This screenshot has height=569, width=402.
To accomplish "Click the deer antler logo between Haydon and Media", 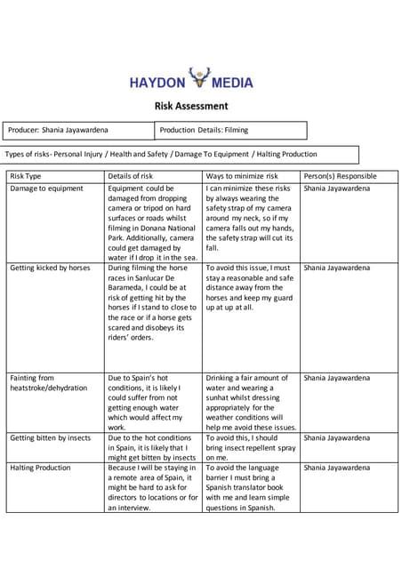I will click(x=201, y=81).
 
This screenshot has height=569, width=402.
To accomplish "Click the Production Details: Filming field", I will click(x=204, y=130).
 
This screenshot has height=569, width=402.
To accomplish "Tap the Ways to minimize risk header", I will click(x=241, y=176).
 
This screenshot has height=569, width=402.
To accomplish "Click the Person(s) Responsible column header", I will click(x=340, y=176).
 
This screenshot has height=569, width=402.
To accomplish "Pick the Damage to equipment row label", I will click(x=46, y=188).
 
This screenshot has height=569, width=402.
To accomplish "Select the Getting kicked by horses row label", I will click(x=50, y=267).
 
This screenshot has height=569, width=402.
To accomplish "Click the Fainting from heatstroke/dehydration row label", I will click(x=49, y=383).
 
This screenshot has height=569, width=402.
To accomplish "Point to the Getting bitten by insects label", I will click(x=51, y=438).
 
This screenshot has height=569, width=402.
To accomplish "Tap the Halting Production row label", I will click(x=41, y=468).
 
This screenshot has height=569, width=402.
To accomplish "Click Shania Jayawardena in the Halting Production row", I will click(x=336, y=468).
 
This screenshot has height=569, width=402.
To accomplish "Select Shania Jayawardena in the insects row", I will click(x=336, y=438).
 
